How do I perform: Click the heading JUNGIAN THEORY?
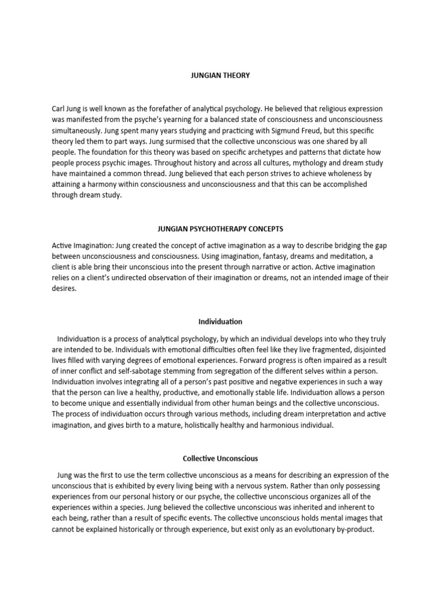[220, 75]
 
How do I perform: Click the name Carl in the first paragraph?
[60, 109]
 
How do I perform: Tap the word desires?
[64, 288]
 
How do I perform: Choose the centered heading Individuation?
[220, 322]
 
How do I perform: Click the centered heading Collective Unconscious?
[220, 458]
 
